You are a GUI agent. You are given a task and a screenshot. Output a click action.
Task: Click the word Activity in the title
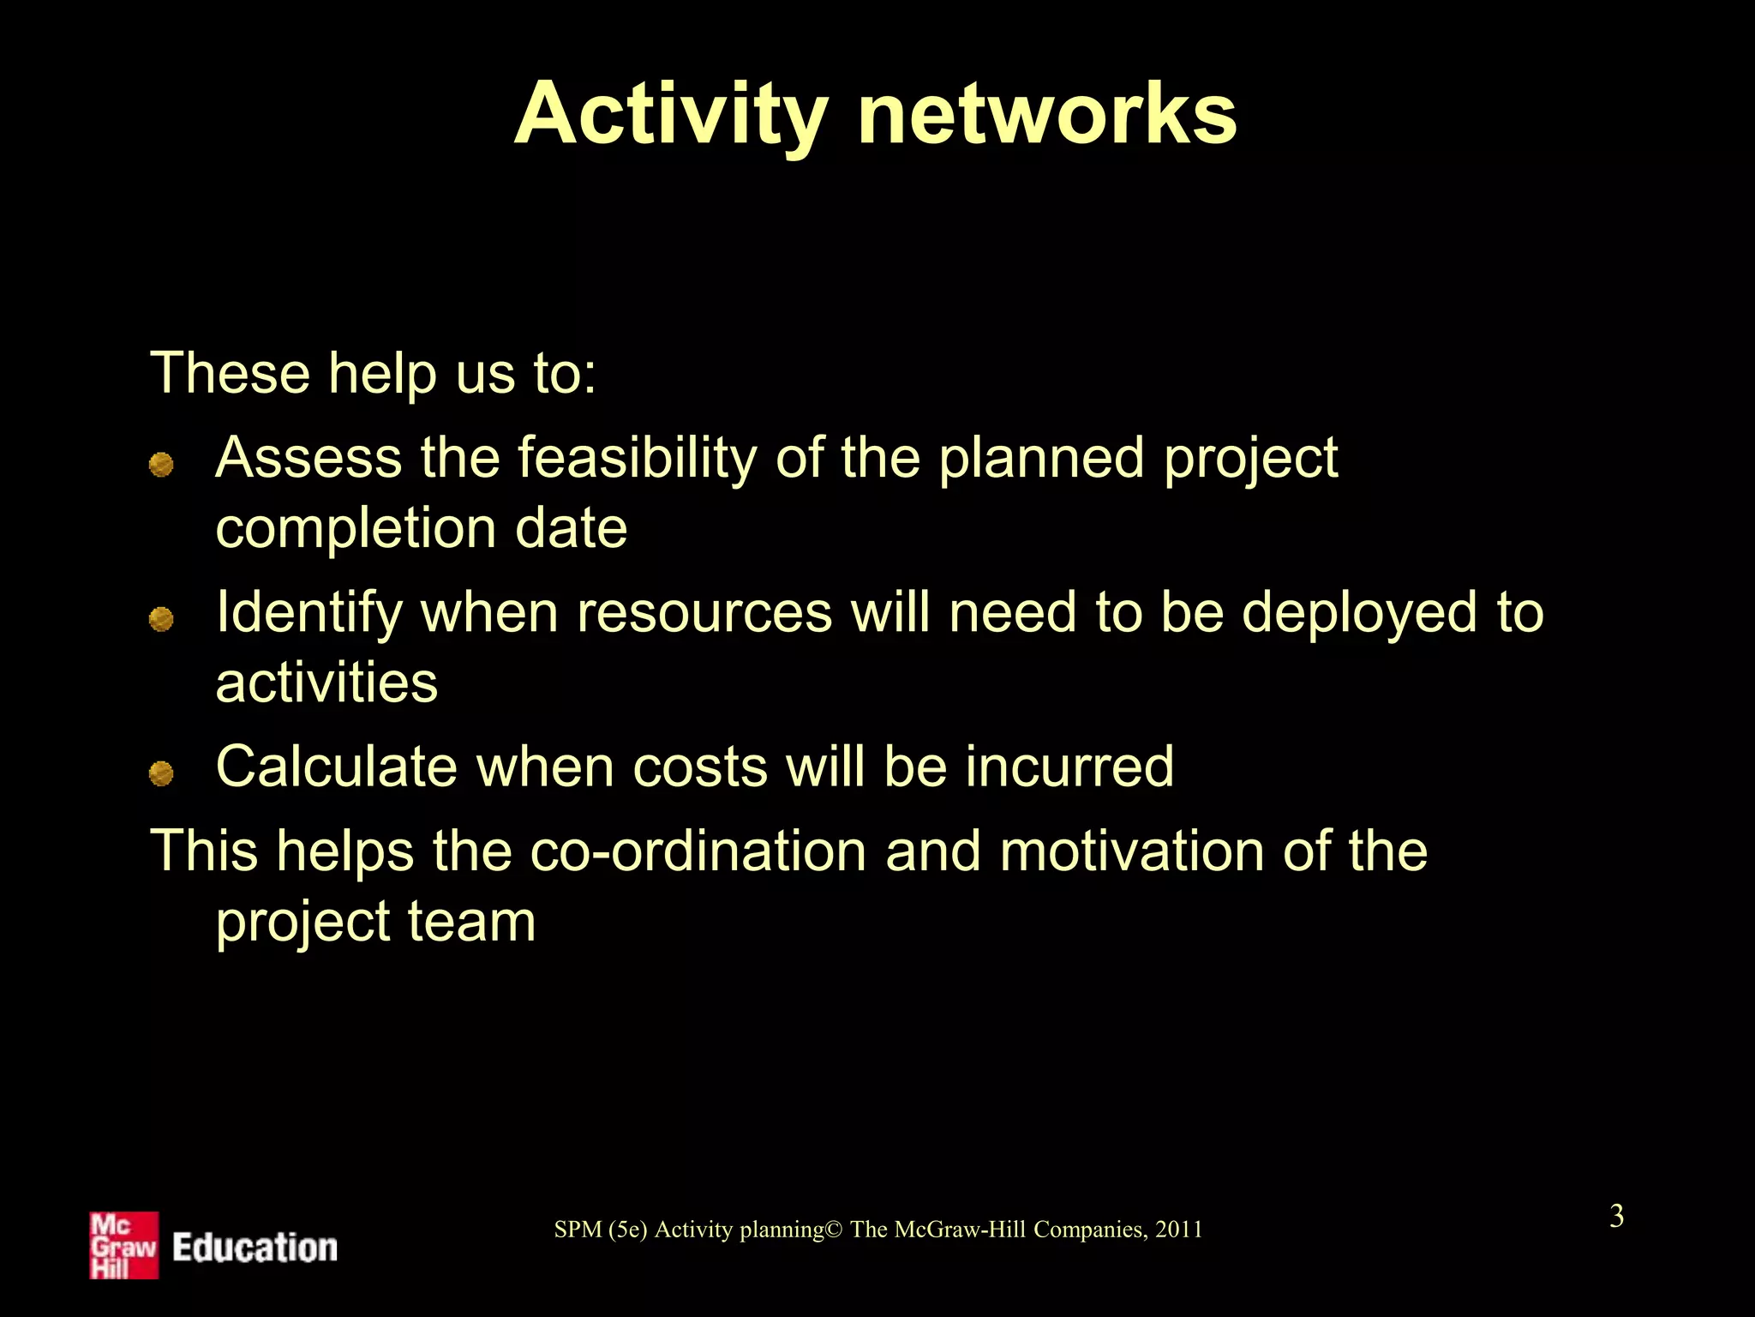click(671, 116)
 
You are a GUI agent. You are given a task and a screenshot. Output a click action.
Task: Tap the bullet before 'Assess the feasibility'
click(161, 465)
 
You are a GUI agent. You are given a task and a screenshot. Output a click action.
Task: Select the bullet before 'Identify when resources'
click(161, 618)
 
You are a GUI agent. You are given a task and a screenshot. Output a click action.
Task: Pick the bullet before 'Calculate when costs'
click(161, 773)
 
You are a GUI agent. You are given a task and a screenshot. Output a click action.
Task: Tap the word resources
click(704, 612)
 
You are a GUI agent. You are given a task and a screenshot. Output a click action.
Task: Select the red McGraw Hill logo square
click(124, 1245)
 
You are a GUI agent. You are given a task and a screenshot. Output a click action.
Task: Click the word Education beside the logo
click(255, 1248)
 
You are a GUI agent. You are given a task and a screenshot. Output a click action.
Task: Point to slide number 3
click(1616, 1216)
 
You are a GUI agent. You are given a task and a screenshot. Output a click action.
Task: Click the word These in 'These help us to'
click(230, 373)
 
